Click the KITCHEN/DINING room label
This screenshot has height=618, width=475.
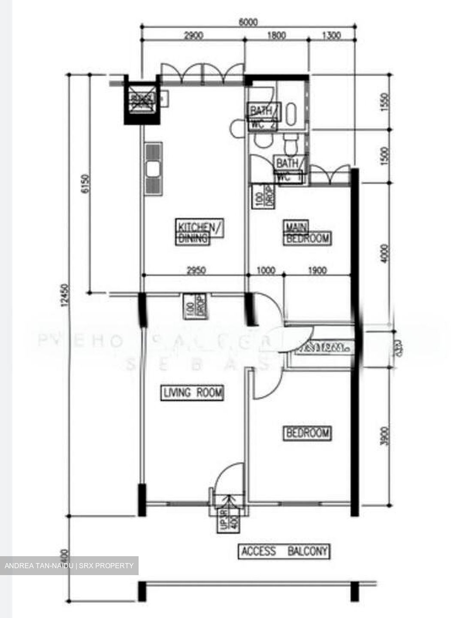click(x=200, y=232)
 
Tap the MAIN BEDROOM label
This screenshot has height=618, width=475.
click(x=307, y=233)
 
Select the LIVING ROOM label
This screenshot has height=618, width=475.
click(x=192, y=392)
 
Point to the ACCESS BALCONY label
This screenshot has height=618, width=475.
click(x=284, y=551)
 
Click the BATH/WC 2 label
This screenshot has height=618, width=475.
click(x=263, y=117)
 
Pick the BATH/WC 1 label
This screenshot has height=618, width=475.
click(x=291, y=170)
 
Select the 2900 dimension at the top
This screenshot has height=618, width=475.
click(x=193, y=36)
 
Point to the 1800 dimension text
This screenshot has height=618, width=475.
click(x=276, y=36)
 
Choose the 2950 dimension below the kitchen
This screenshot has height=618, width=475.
click(x=196, y=270)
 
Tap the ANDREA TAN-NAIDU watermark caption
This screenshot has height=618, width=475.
click(x=70, y=566)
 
